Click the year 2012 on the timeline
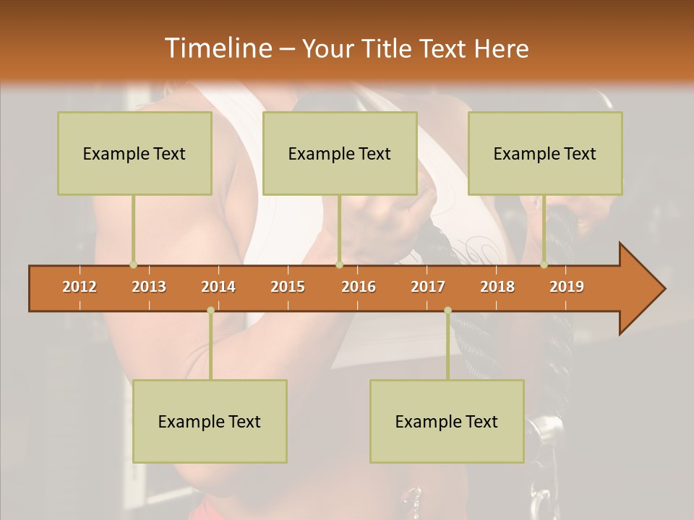coord(80,287)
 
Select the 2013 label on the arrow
coord(149,287)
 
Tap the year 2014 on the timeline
coord(218,287)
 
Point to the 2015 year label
coord(288,287)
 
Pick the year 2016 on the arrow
coord(359,287)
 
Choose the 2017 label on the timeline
coord(428,287)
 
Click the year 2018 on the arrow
coord(497,287)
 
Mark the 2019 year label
coord(567,287)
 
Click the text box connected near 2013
coord(134,153)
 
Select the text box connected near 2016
coord(340,153)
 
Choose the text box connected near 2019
coord(545,153)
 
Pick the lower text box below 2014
coord(210,421)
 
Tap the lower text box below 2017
coord(447,421)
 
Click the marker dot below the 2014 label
coord(210,310)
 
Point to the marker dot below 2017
coord(447,310)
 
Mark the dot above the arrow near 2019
coord(544,265)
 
